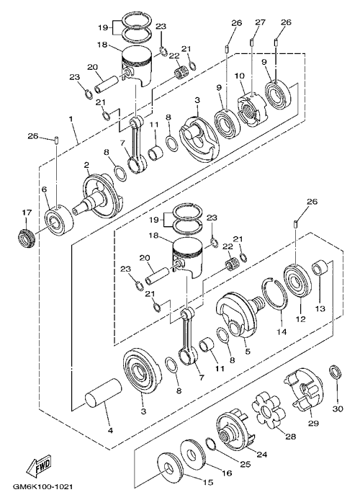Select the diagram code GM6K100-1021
(x=42, y=487)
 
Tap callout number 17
(x=27, y=212)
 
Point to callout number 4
(x=110, y=431)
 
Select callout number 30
(x=338, y=409)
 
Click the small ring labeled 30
(x=335, y=372)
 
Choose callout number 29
(x=313, y=423)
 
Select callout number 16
(x=227, y=473)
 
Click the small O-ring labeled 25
(x=211, y=445)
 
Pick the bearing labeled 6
(x=58, y=220)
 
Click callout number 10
(x=240, y=76)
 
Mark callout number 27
(x=260, y=22)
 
